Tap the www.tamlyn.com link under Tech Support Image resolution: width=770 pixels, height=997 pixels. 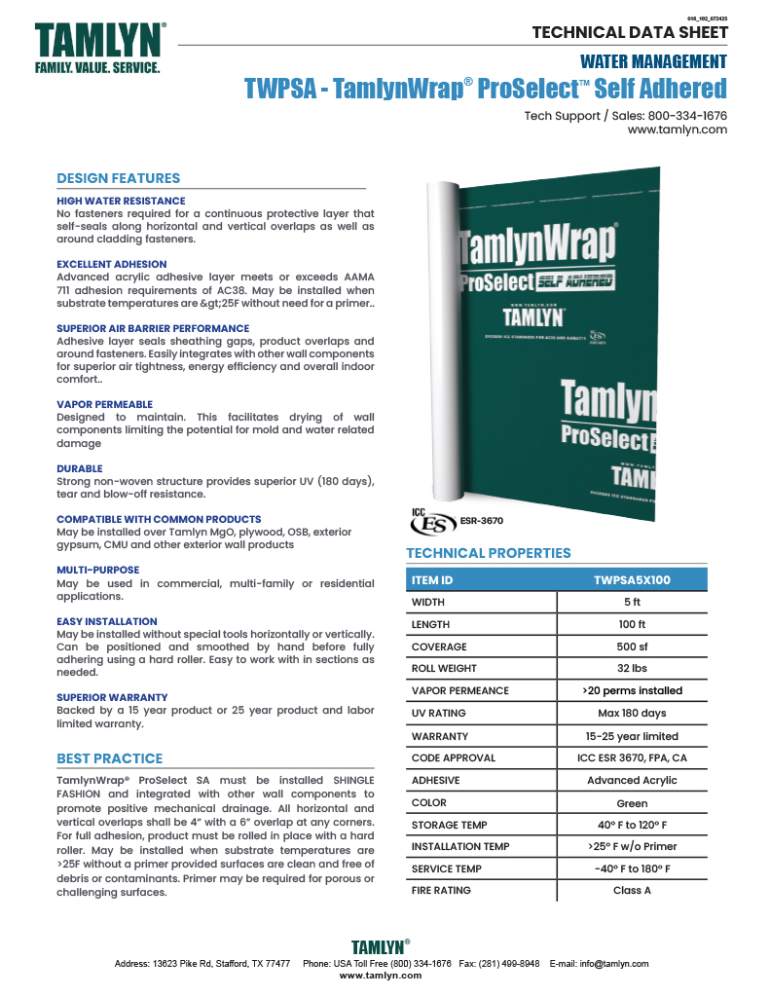click(x=677, y=129)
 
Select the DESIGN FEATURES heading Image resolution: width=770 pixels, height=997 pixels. click(x=118, y=178)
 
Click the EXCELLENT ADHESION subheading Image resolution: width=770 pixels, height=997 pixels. click(x=111, y=264)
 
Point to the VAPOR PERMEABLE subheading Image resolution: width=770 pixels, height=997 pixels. click(x=104, y=404)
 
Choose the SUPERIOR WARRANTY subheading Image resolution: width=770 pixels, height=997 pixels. click(x=112, y=697)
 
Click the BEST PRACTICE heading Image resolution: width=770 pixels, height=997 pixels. click(x=109, y=758)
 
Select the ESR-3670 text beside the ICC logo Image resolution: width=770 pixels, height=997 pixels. click(x=482, y=521)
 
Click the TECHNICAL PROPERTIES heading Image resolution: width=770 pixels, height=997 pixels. click(x=488, y=553)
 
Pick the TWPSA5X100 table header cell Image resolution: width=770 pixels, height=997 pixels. click(x=632, y=580)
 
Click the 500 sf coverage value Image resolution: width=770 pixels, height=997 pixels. click(x=632, y=646)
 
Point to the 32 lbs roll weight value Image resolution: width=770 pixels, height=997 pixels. click(x=632, y=669)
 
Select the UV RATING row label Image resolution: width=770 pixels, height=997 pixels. click(x=438, y=714)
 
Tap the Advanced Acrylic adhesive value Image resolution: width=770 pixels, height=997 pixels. click(x=632, y=780)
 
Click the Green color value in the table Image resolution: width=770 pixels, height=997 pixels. click(x=632, y=802)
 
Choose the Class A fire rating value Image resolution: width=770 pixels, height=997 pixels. click(x=632, y=890)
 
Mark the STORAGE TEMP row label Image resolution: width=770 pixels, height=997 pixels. click(x=449, y=825)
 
